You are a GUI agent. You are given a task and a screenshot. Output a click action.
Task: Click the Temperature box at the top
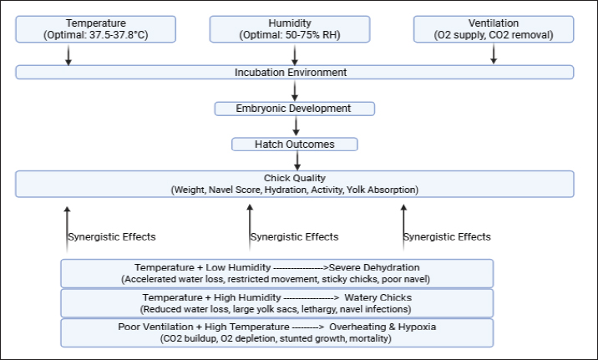pos(96,29)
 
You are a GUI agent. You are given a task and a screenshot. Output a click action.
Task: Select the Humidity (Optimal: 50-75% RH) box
pos(290,29)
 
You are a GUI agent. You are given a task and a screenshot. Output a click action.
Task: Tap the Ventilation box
pos(494,29)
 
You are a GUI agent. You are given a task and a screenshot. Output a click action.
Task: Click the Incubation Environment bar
pos(295,72)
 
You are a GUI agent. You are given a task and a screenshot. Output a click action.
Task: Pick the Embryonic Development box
pos(295,109)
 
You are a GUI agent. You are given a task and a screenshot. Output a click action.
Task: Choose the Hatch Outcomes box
pos(295,145)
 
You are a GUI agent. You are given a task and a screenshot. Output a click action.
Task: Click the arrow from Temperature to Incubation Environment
pos(68,55)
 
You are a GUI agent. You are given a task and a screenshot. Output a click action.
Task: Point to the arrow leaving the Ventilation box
pos(494,53)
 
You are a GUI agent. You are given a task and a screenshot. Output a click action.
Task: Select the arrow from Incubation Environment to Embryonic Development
pos(295,91)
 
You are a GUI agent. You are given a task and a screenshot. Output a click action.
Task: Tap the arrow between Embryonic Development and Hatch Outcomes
pos(296,126)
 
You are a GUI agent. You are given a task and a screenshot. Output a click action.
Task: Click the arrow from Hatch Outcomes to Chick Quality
pos(297,160)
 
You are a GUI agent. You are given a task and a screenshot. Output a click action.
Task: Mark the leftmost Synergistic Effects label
pos(112,237)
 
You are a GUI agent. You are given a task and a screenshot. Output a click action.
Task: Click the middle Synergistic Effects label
pos(294,237)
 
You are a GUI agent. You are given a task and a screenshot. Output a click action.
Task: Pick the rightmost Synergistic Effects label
pos(447,237)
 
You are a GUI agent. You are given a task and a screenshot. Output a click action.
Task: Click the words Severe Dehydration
pos(374,267)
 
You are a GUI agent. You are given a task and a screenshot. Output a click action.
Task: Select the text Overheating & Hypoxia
pos(383,327)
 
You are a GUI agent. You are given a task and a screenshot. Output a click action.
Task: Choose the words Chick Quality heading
pos(295,178)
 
